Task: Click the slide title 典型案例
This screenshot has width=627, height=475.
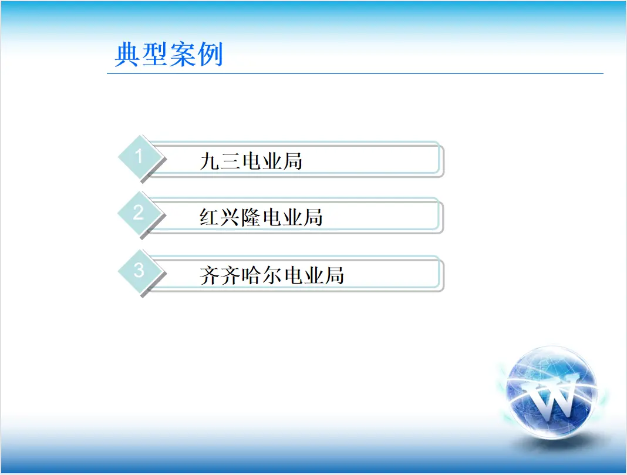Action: (x=168, y=55)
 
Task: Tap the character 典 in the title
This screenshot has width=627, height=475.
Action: (x=127, y=55)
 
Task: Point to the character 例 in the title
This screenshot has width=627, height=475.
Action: (x=210, y=55)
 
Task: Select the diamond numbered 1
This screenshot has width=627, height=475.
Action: (x=139, y=157)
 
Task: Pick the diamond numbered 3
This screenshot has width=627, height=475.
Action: (x=139, y=271)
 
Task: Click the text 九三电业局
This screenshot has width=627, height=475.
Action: (x=251, y=161)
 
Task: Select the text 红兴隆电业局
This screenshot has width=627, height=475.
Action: (x=261, y=217)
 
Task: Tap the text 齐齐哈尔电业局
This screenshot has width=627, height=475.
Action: (x=271, y=275)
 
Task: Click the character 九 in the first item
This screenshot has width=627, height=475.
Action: (x=210, y=161)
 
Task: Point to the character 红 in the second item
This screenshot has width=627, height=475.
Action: (x=210, y=217)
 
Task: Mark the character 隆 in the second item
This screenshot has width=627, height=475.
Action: (x=251, y=217)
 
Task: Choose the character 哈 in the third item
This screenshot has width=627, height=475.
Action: (x=251, y=275)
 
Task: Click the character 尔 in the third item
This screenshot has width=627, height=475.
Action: (x=272, y=275)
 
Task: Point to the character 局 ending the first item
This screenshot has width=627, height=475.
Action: (x=292, y=161)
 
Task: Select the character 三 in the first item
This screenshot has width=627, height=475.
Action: (x=230, y=161)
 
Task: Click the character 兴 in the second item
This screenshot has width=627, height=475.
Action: (x=230, y=217)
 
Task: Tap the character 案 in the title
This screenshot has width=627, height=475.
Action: (x=183, y=55)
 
